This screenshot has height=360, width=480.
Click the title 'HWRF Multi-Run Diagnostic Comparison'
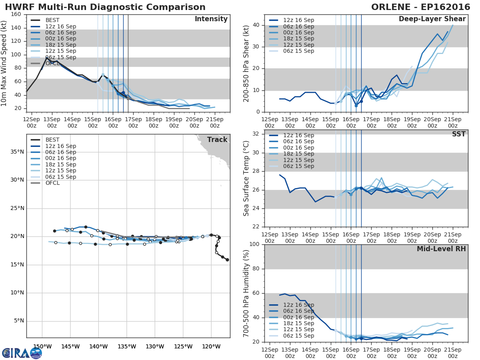105,7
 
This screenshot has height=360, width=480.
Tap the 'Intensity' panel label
211,19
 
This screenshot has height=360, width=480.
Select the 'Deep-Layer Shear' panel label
432,19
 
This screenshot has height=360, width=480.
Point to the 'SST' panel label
458,134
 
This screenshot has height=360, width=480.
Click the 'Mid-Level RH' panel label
441,249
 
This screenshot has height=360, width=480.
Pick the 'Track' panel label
217,140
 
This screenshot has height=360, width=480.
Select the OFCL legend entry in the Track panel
52,183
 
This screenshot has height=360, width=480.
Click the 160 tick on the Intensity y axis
16,15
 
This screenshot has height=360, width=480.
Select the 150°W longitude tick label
42,347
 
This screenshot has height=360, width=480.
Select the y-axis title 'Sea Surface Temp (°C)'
246,178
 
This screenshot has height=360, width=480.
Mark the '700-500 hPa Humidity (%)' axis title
246,293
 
